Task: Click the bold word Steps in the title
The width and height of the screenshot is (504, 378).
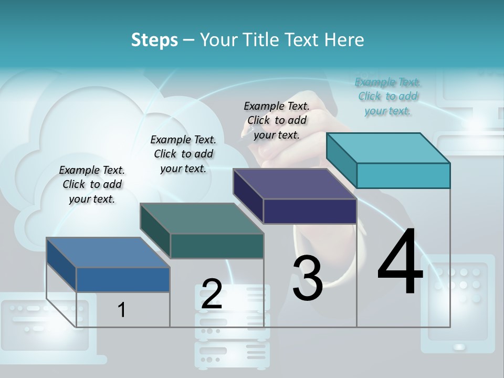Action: pyautogui.click(x=154, y=40)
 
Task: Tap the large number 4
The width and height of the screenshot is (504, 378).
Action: pyautogui.click(x=400, y=262)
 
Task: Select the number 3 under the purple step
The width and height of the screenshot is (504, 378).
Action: pyautogui.click(x=308, y=278)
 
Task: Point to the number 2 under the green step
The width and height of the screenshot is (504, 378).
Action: pyautogui.click(x=212, y=294)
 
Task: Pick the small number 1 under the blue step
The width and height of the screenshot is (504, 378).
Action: pyautogui.click(x=122, y=310)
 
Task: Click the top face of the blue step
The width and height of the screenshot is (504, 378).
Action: pyautogui.click(x=108, y=253)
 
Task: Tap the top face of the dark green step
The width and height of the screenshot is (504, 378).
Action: pyautogui.click(x=202, y=218)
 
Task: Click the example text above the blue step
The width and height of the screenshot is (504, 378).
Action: pyautogui.click(x=92, y=184)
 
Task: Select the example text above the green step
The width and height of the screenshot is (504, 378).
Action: pyautogui.click(x=183, y=154)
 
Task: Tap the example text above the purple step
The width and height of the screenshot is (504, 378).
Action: pyautogui.click(x=277, y=120)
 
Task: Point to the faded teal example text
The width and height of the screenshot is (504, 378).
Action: pyautogui.click(x=388, y=96)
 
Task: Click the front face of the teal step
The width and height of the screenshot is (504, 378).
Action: pyautogui.click(x=403, y=175)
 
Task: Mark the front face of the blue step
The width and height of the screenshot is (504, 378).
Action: pyautogui.click(x=123, y=279)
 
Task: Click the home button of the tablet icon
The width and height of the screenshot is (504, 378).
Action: pyautogui.click(x=459, y=346)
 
